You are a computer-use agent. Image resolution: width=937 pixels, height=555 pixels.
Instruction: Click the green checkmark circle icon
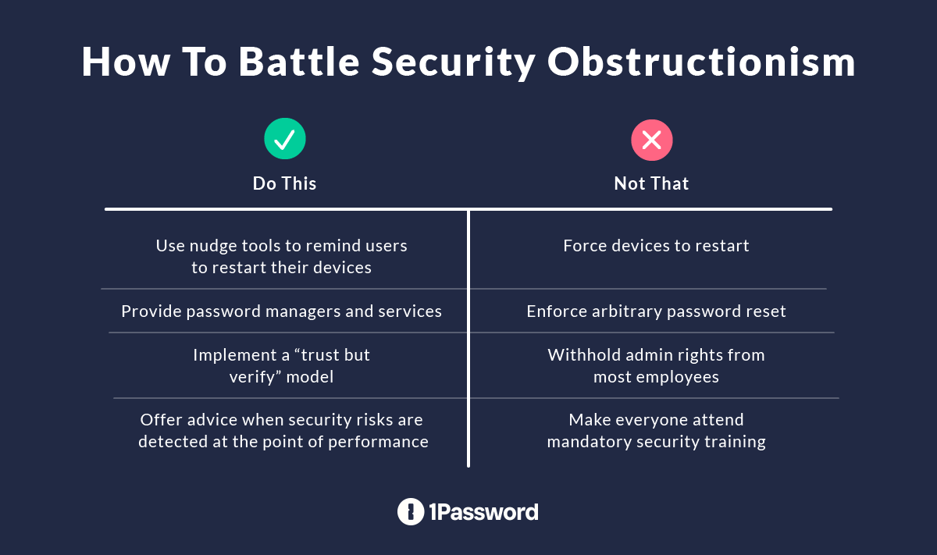coord(285,140)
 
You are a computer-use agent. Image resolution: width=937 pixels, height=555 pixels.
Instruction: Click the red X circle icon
coord(651,140)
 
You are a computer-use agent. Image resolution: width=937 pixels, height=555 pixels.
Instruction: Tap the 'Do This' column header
coord(284,184)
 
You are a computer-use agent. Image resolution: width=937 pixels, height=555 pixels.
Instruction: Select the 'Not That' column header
coord(651,184)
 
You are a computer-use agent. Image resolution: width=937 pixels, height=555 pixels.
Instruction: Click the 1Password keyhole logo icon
coord(410,512)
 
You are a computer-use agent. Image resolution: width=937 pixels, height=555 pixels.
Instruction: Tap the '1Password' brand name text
coord(483,512)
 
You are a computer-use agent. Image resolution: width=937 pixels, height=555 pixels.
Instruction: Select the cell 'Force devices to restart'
coord(656,246)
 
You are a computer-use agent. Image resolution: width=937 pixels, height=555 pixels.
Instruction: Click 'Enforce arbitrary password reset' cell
coord(656,311)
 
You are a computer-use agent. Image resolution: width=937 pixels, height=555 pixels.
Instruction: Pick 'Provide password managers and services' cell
coord(281,311)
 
